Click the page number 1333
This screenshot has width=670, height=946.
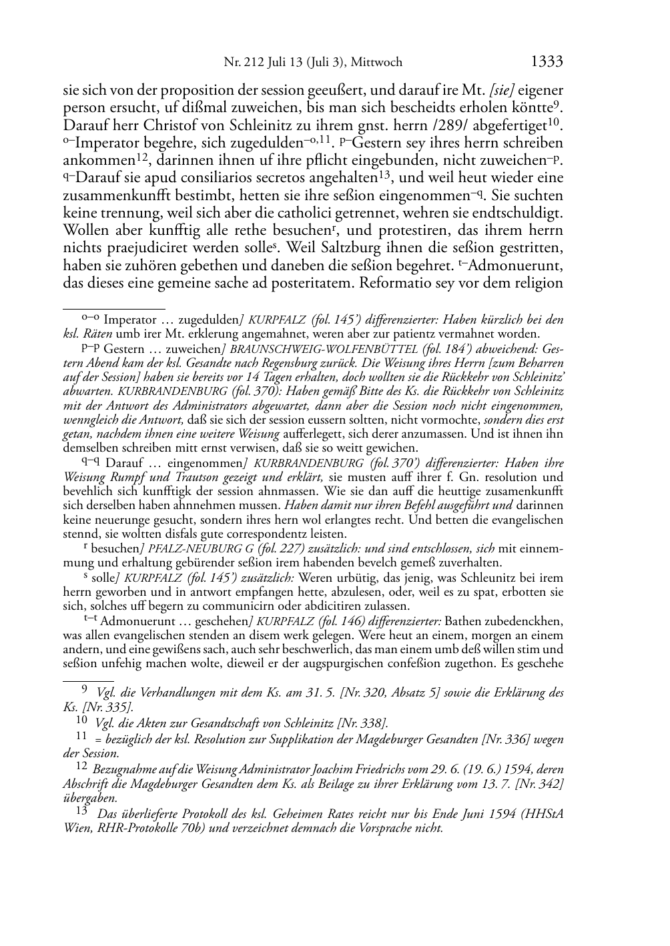[547, 62]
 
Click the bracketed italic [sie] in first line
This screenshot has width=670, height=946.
[502, 89]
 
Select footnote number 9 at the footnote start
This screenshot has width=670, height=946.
[85, 692]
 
